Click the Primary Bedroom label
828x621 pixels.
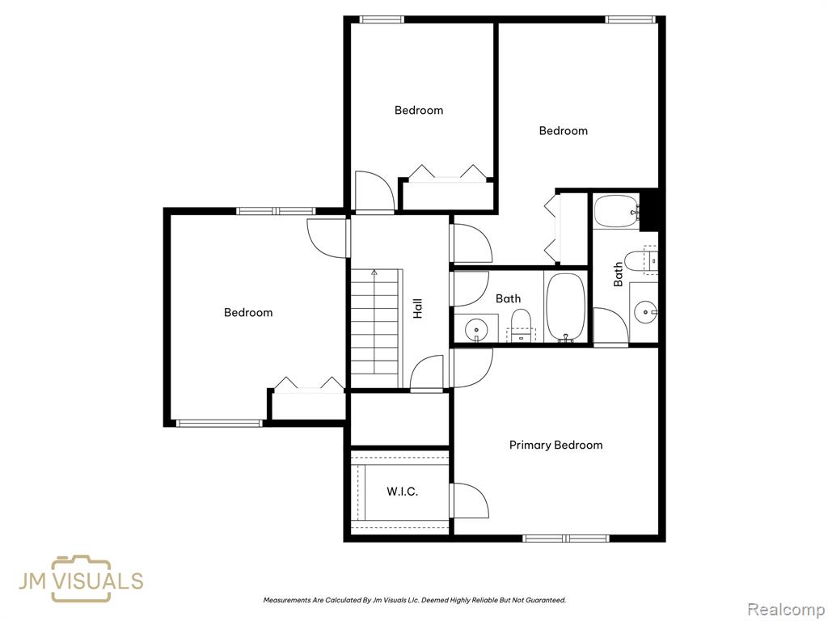556,446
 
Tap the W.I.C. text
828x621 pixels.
403,492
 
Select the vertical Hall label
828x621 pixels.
418,308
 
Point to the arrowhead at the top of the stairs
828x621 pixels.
374,272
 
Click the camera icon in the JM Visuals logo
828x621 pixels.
82,579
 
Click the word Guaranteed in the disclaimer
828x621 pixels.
547,601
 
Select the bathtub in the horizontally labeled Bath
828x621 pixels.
565,307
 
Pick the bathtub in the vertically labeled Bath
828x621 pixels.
616,211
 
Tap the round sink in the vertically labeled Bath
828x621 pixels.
645,312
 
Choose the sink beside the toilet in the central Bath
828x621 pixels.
476,331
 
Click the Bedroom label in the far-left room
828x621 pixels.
248,313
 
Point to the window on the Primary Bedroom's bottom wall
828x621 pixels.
566,539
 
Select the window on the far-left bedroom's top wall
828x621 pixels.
277,211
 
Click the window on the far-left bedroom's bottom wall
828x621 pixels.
219,423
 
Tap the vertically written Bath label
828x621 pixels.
618,275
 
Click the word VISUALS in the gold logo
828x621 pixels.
99,581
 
